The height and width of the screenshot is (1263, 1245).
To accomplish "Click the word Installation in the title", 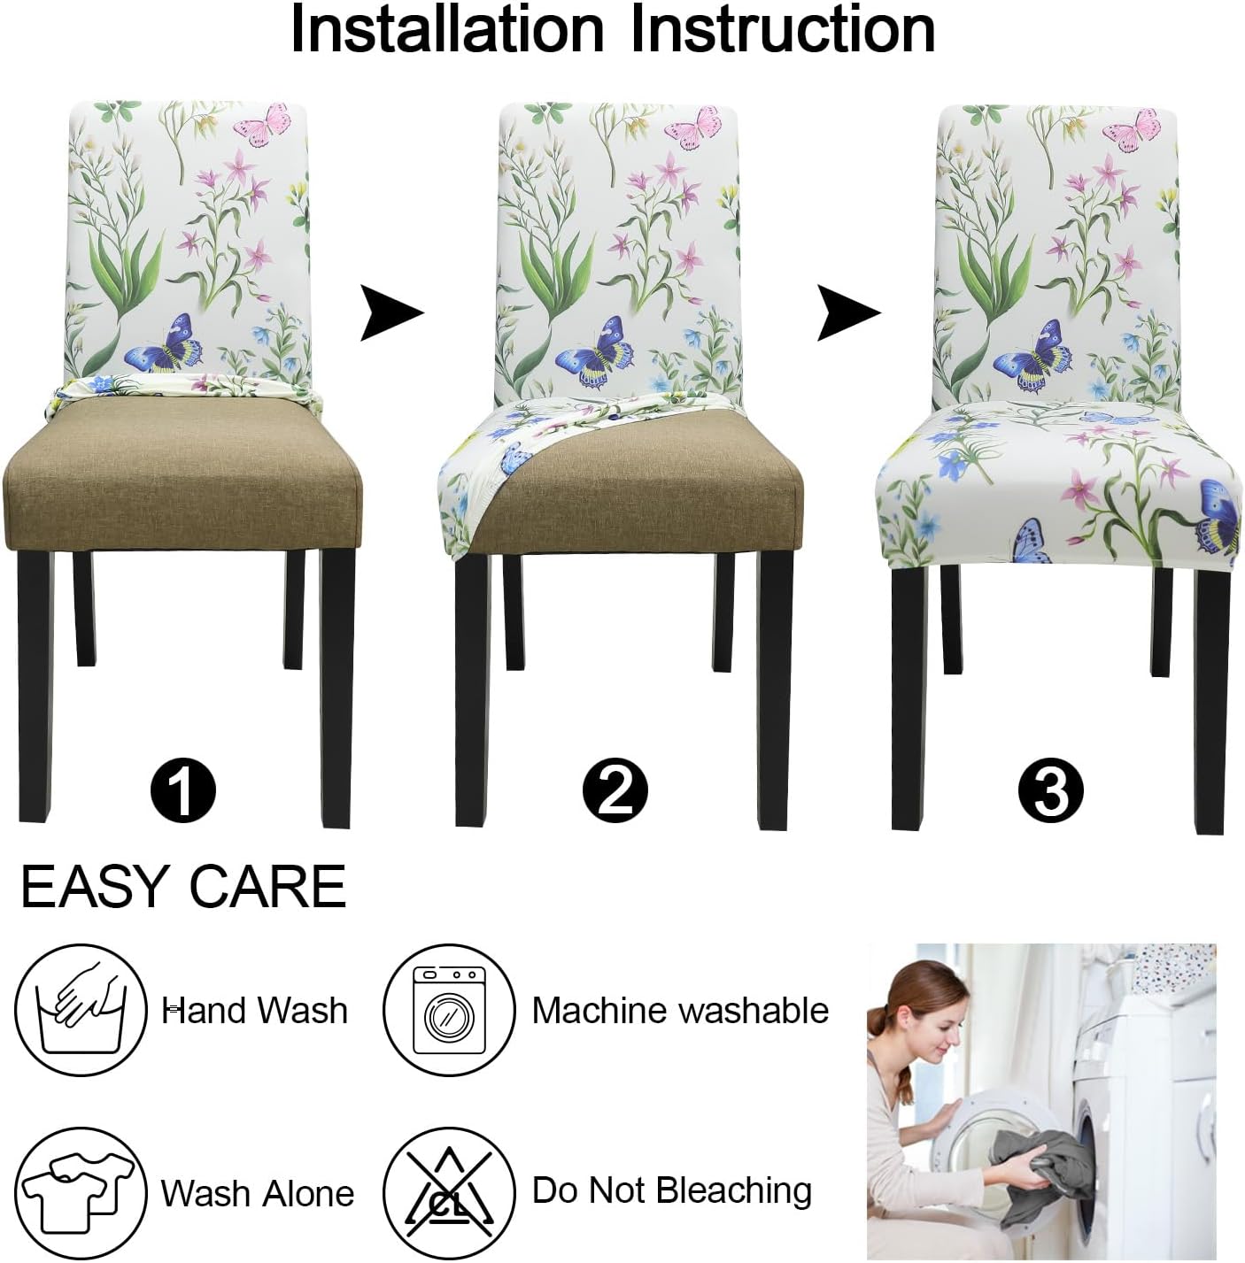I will coord(446,29).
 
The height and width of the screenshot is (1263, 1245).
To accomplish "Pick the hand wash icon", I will coord(81,1011).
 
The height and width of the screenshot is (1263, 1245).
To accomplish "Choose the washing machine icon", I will coord(449,1011).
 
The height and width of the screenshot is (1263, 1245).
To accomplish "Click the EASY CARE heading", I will coord(183,887).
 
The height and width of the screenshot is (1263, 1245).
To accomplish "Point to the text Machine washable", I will coord(680,1011).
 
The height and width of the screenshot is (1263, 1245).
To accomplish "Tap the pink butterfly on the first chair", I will coord(263,125).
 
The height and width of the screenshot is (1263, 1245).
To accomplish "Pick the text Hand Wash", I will coord(255,1011).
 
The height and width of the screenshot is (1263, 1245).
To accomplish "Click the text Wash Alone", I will coord(257,1194).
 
